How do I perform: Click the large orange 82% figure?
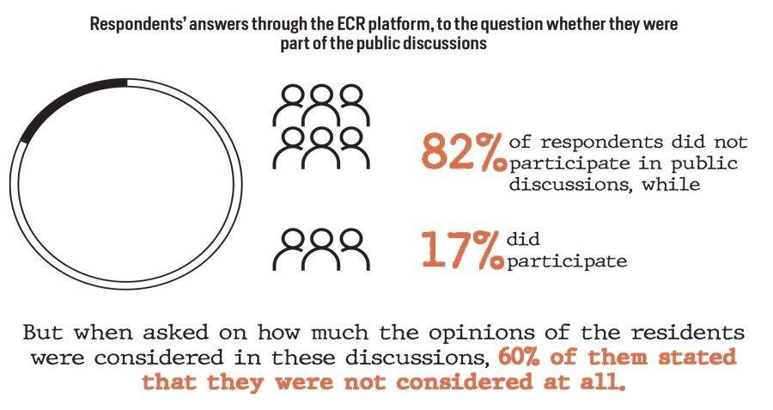pyautogui.click(x=462, y=151)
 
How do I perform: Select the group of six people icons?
pyautogui.click(x=320, y=125)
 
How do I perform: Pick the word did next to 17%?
pyautogui.click(x=524, y=240)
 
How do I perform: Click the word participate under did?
pyautogui.click(x=567, y=260)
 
